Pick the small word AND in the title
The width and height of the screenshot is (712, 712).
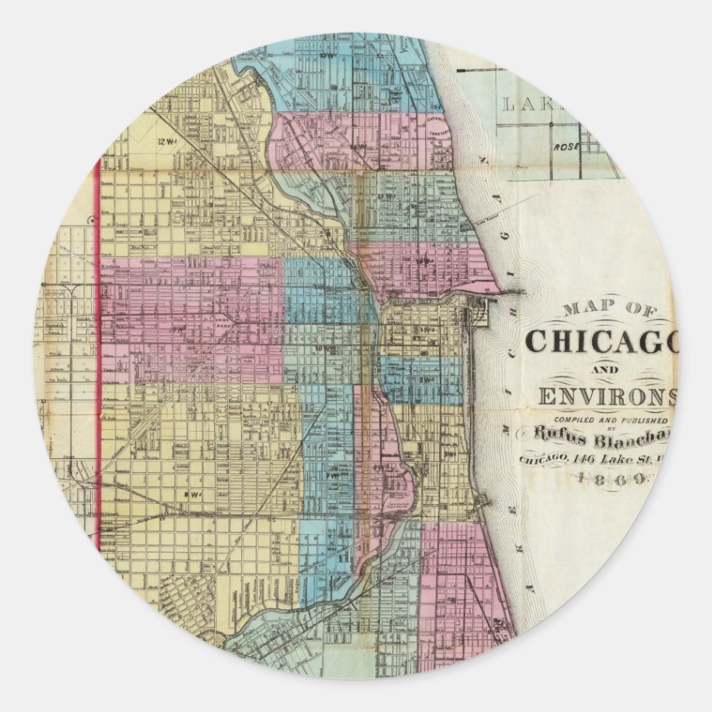pos(601,370)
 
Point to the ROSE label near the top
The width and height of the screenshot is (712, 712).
pos(565,147)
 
